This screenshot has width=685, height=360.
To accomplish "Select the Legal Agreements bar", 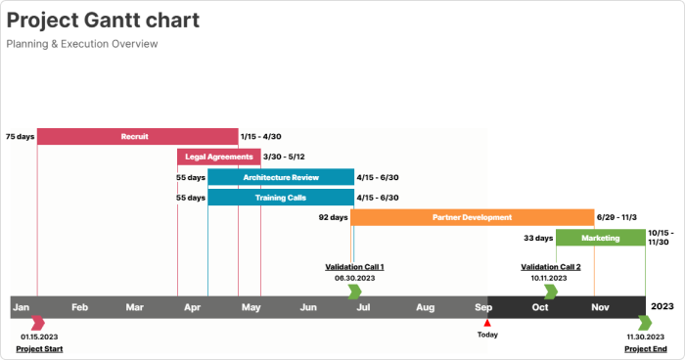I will (219, 157).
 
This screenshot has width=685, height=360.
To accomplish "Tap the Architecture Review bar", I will (281, 177).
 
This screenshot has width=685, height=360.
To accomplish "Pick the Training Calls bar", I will (281, 198).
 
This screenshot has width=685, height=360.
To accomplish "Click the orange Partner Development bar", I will (472, 217).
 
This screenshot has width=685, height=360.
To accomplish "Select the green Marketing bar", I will (600, 238).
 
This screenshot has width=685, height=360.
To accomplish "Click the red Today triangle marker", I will (487, 323).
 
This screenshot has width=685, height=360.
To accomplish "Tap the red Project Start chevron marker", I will (38, 323).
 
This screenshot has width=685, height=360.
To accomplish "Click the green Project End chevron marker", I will (645, 323).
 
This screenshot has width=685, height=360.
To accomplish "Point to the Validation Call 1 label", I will (354, 267).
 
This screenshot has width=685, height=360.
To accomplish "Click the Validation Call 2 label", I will (551, 267).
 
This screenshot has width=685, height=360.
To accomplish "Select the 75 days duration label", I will (20, 137).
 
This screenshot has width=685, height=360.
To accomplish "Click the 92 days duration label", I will (333, 217).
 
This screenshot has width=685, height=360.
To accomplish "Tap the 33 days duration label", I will (538, 238).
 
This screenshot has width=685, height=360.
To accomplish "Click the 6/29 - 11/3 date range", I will (616, 217).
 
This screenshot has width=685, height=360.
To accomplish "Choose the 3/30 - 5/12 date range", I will (284, 157).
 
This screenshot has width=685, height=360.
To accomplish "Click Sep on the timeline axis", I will (483, 307).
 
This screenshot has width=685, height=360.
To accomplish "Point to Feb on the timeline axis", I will (79, 307).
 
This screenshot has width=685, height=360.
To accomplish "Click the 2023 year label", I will (662, 306).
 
